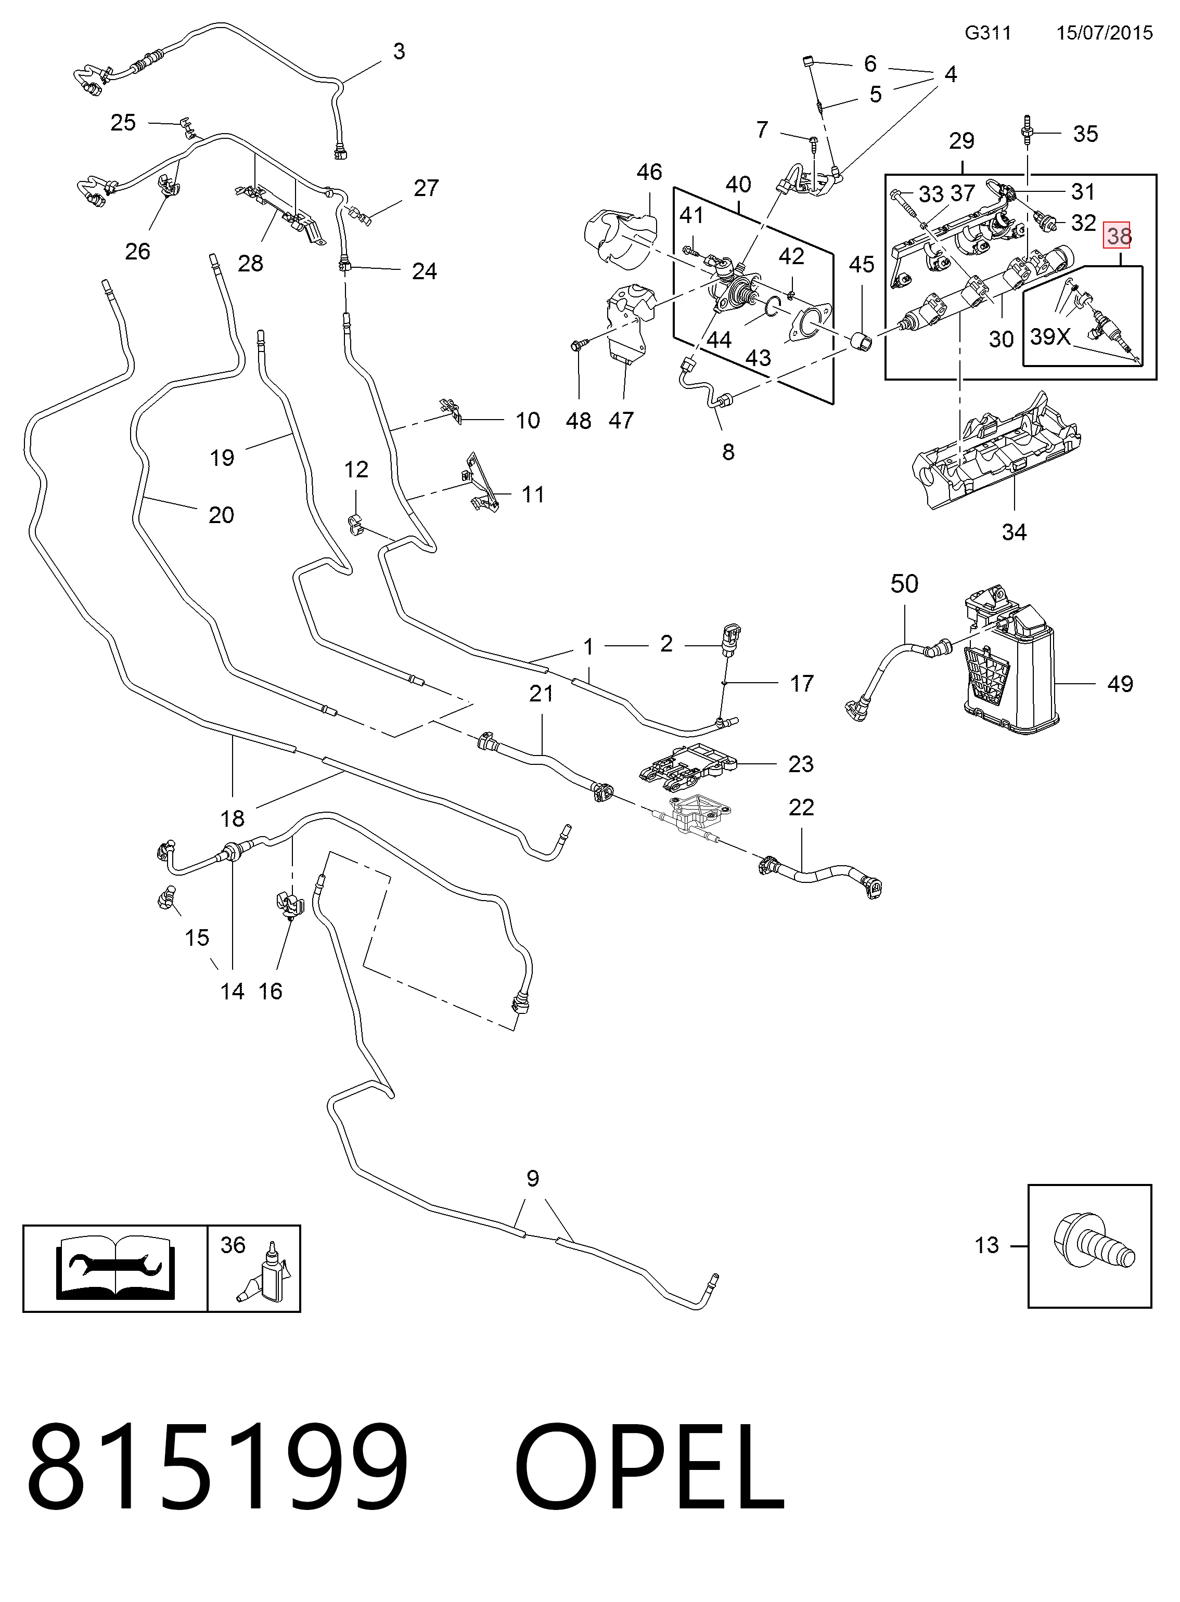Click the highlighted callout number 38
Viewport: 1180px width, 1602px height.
(1119, 235)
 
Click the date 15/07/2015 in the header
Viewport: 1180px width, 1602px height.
(1104, 33)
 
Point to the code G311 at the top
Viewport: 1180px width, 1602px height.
(988, 33)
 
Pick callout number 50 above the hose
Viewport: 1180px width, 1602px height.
(904, 583)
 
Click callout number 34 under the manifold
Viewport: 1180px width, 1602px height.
(1014, 532)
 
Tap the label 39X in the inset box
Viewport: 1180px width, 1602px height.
(1050, 336)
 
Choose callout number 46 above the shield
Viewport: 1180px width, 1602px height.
(649, 172)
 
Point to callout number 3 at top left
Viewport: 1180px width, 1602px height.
(399, 51)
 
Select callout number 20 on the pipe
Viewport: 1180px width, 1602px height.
(222, 515)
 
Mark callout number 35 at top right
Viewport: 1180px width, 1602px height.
(1086, 134)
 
